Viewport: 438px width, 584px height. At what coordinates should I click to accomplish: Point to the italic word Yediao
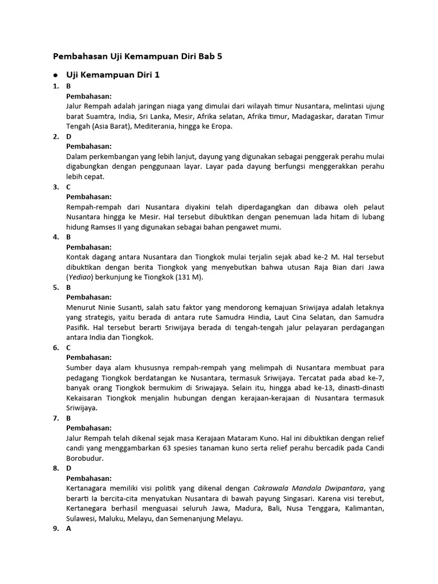point(82,277)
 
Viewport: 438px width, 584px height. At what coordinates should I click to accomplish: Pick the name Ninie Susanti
point(119,307)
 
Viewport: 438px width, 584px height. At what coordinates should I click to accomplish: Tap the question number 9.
point(55,529)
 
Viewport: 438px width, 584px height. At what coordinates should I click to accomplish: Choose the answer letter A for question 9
point(69,529)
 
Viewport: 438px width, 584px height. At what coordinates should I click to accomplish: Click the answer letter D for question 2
point(69,136)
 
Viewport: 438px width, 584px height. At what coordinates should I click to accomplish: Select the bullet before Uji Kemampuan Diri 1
point(55,75)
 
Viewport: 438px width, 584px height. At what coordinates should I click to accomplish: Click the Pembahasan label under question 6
point(89,357)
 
